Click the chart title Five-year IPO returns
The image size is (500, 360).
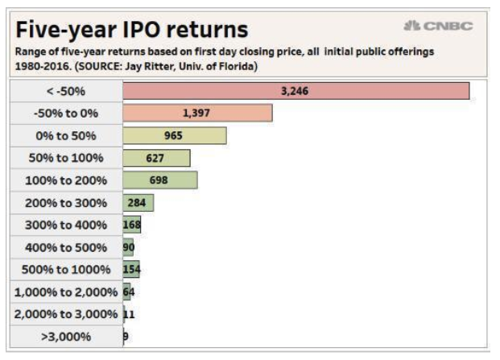pyautogui.click(x=132, y=30)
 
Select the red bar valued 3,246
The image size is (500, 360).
pyautogui.click(x=295, y=91)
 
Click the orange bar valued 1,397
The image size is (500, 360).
pyautogui.click(x=197, y=114)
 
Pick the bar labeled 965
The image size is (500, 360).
pyautogui.click(x=174, y=135)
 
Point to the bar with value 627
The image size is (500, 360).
pyautogui.click(x=156, y=158)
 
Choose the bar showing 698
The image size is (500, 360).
pyautogui.click(x=159, y=180)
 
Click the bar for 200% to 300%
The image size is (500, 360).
pyautogui.click(x=138, y=202)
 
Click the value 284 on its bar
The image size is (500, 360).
pyautogui.click(x=137, y=202)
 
